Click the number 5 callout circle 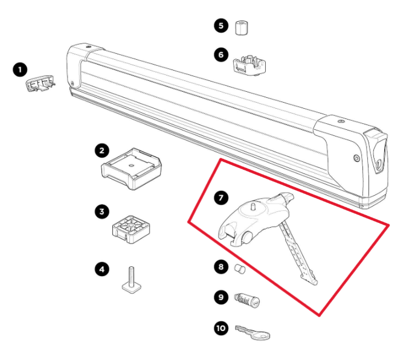click(220, 26)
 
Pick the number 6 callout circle click(220, 54)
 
